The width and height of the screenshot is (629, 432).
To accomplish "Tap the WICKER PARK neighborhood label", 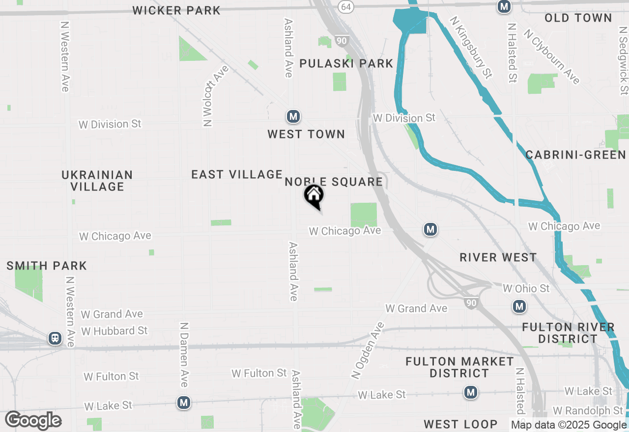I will [x=176, y=10].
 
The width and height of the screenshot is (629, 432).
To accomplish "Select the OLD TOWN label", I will [x=578, y=18].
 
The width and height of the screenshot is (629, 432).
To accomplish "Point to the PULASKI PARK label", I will [x=346, y=63].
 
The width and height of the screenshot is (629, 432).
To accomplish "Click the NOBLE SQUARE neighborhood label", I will [x=334, y=182].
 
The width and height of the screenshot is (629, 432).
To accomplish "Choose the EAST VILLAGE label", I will [x=237, y=174].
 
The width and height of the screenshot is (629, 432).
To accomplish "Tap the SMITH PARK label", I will [x=47, y=266].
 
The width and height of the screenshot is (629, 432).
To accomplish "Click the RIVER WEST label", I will [x=498, y=258].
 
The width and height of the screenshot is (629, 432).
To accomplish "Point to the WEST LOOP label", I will [x=460, y=424].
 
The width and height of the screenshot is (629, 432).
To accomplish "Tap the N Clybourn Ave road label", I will [x=551, y=56].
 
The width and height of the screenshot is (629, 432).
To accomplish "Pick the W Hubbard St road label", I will [x=114, y=331].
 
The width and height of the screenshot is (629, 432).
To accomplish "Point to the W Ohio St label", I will [x=526, y=288].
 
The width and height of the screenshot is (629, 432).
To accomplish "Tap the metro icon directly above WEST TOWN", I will [x=293, y=117].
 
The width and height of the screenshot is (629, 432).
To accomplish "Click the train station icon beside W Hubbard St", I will [x=55, y=338].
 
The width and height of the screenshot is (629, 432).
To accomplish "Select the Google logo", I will [x=33, y=421].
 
